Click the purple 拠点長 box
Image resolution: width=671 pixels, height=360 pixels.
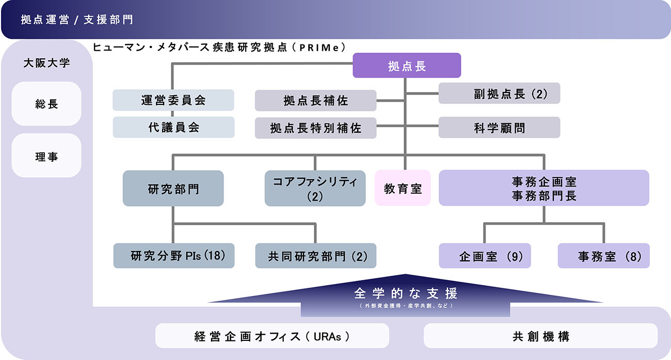click(407, 66)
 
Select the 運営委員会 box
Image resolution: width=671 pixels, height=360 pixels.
click(173, 100)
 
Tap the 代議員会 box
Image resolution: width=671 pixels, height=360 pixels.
click(173, 127)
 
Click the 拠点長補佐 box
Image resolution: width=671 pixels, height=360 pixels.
click(315, 101)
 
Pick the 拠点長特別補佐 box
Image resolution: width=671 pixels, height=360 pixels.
click(315, 128)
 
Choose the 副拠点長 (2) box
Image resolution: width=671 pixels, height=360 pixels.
click(499, 93)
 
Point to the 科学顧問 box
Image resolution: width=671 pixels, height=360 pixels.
click(499, 128)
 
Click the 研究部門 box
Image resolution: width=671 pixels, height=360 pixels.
click(173, 189)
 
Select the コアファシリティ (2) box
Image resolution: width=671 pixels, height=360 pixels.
click(315, 189)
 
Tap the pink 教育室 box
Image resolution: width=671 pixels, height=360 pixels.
click(403, 189)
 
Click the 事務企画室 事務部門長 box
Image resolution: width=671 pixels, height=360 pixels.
click(544, 188)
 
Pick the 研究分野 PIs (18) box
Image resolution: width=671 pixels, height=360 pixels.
click(174, 256)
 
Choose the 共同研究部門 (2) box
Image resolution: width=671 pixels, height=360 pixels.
click(315, 256)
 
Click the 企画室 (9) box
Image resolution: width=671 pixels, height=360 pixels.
click(485, 256)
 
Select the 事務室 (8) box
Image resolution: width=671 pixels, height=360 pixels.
click(603, 256)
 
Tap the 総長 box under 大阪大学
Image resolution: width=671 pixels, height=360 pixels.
click(46, 104)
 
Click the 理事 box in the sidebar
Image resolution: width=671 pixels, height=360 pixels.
click(46, 156)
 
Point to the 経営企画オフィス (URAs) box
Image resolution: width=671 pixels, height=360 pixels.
click(272, 336)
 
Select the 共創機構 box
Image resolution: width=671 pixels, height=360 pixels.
click(540, 336)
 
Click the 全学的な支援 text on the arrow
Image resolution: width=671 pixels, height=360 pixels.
click(406, 294)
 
